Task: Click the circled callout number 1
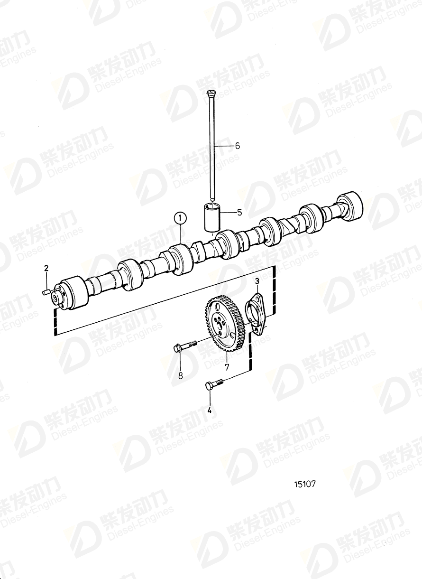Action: (180, 219)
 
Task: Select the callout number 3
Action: (257, 282)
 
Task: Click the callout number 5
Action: (239, 213)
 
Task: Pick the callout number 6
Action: (237, 146)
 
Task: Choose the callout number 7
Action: (227, 367)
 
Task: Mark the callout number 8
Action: (180, 375)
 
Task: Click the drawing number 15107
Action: (304, 485)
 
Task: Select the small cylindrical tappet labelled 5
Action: (212, 217)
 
